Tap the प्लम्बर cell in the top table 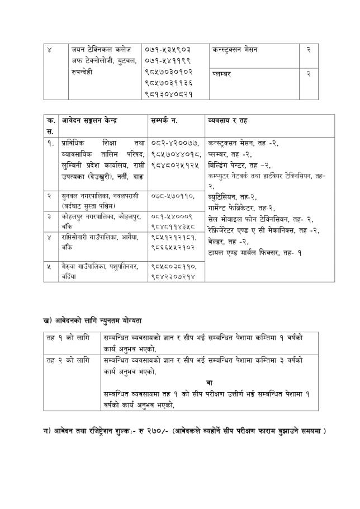pos(223,73)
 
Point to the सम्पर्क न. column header pos(167,121)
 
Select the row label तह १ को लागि pos(65,338)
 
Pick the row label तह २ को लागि pos(65,360)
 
